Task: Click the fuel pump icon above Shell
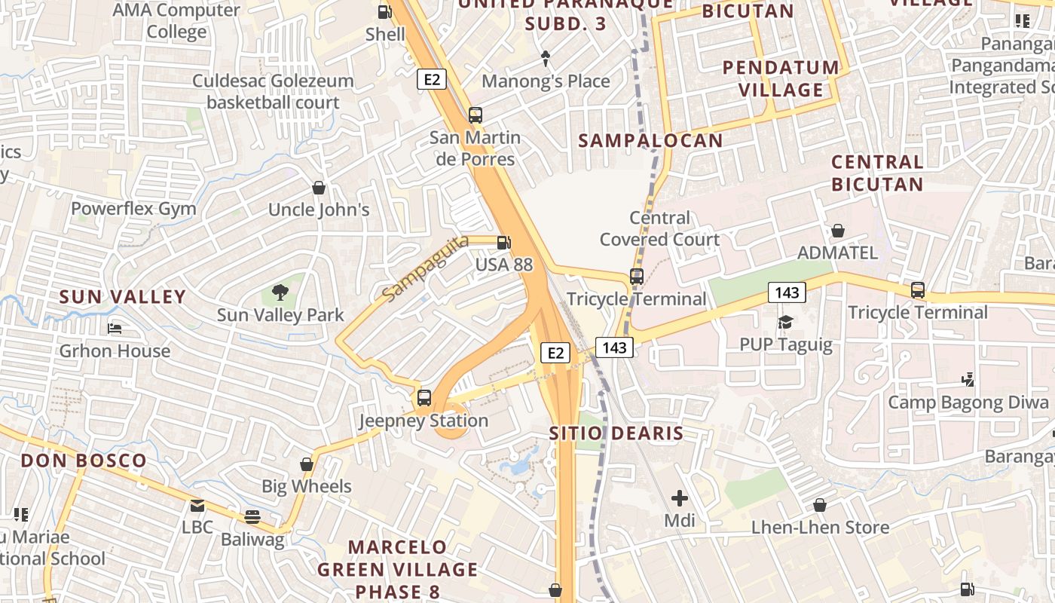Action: coord(384,11)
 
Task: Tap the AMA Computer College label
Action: coord(176,21)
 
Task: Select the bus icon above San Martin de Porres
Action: coord(475,115)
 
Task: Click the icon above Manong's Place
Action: coord(546,58)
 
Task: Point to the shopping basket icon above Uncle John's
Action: coord(319,187)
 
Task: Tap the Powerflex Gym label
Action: coord(133,209)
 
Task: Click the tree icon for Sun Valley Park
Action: coord(280,292)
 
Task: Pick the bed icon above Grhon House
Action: coord(115,329)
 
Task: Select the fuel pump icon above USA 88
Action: coord(503,242)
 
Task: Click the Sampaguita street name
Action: coord(424,268)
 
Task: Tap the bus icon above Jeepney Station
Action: coord(424,398)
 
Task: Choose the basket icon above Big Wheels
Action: coord(307,464)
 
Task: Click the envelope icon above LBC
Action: coord(197,505)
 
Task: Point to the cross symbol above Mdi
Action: coord(680,498)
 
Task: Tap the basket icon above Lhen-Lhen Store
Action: coord(820,505)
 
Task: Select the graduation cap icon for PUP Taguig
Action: coord(786,323)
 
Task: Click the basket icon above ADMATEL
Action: coord(837,231)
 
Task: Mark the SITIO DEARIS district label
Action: coord(616,433)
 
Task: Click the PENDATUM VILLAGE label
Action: coord(781,78)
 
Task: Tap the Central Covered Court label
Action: coord(659,228)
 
